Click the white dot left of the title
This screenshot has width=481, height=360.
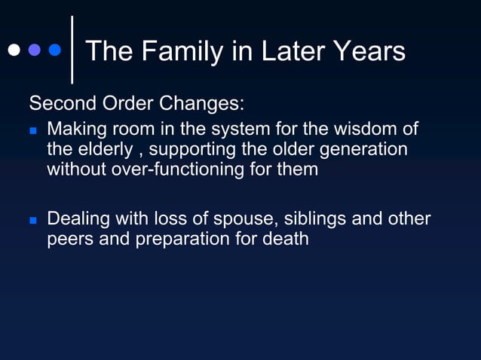(14, 50)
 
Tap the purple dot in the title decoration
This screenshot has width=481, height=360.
(34, 50)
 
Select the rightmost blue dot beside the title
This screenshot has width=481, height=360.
(54, 50)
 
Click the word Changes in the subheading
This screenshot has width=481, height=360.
(202, 102)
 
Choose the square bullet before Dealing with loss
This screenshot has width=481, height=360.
(33, 221)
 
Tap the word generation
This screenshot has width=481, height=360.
(363, 149)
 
